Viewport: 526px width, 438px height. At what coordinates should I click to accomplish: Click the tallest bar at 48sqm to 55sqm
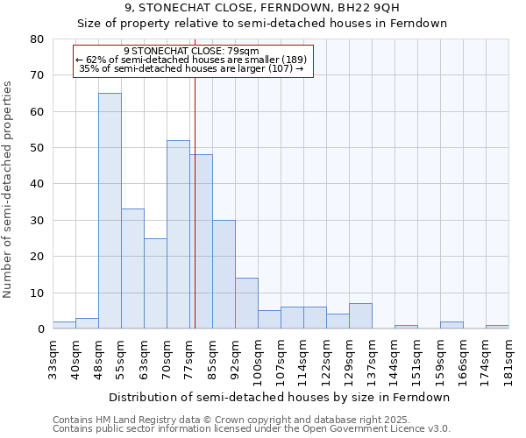point(110,211)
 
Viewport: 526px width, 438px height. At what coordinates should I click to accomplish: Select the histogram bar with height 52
point(178,235)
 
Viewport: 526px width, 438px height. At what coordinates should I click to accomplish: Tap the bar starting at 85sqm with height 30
point(224,274)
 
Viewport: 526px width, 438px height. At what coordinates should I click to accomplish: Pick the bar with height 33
point(132,269)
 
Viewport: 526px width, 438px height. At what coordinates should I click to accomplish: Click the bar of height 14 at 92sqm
point(246,303)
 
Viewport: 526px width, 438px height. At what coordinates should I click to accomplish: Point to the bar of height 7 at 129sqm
point(360,316)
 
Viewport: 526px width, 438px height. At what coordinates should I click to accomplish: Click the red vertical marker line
point(195,201)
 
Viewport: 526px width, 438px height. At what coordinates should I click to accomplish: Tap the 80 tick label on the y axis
point(36,39)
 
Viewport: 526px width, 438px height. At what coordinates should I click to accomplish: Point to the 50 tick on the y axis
point(36,148)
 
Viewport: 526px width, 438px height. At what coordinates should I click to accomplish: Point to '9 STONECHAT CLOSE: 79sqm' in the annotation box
point(192,52)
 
